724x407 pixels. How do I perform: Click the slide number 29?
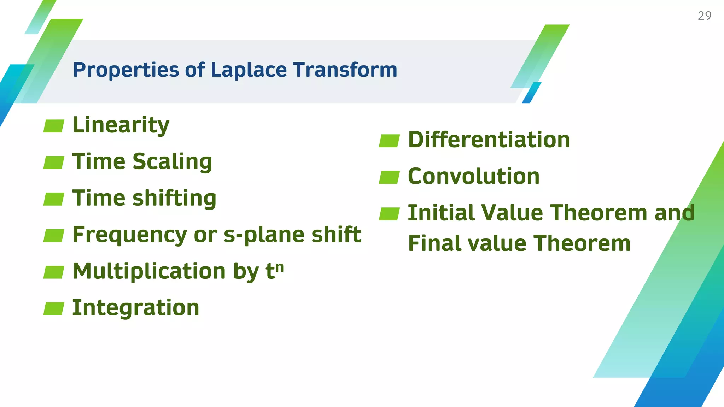[x=704, y=16]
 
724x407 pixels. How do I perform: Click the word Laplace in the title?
[x=249, y=70]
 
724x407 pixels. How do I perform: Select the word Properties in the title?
[x=126, y=70]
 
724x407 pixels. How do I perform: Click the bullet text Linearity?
[x=121, y=125]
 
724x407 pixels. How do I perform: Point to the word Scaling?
[x=172, y=162]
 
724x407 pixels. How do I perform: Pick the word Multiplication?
[x=149, y=271]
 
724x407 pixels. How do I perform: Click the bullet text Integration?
[x=136, y=308]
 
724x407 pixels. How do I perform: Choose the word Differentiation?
[x=489, y=140]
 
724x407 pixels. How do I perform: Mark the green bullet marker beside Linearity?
[x=54, y=126]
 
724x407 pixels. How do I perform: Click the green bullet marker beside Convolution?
[x=389, y=177]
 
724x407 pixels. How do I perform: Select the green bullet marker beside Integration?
[x=54, y=308]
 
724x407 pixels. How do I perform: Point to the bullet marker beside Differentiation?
[x=389, y=141]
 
